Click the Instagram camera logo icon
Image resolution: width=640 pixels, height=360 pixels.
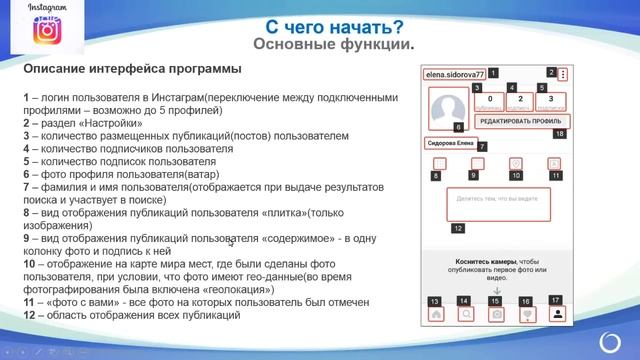[x=46, y=33]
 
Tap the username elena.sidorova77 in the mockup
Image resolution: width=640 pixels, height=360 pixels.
[x=454, y=74]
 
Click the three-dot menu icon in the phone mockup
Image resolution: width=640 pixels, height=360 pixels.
[x=564, y=75]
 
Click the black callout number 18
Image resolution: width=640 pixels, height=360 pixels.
[x=559, y=133]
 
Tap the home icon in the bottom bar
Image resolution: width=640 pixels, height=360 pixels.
[x=436, y=314]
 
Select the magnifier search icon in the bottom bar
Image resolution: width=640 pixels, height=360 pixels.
[x=466, y=314]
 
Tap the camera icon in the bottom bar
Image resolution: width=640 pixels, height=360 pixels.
[x=495, y=314]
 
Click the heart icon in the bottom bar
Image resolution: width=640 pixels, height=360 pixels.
[x=527, y=314]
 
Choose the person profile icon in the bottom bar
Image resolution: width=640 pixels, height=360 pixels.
[x=557, y=313]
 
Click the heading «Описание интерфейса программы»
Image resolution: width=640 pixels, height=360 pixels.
[x=131, y=69]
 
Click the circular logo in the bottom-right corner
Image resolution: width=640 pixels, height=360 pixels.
[x=612, y=340]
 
